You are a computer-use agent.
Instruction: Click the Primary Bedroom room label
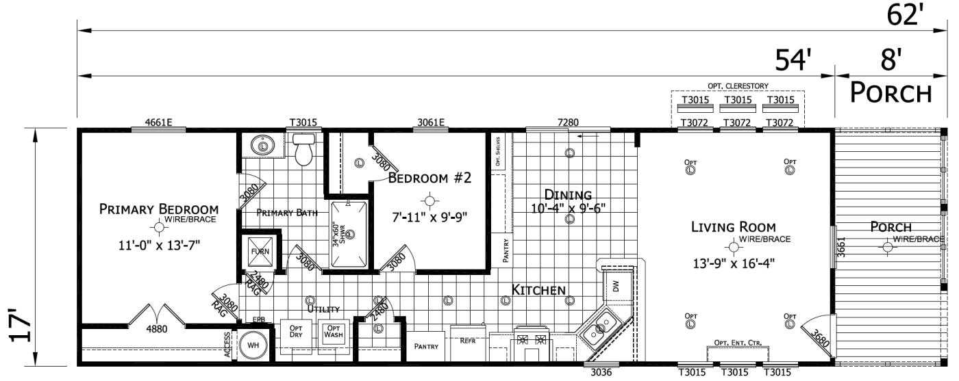click(x=159, y=209)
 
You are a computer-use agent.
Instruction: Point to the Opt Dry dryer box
click(x=296, y=332)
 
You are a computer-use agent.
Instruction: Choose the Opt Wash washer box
click(x=333, y=332)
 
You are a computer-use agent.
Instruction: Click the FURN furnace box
click(x=260, y=251)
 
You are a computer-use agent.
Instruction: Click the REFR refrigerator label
click(x=467, y=340)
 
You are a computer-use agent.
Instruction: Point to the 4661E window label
click(x=158, y=123)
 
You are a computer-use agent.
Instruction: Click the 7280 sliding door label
click(x=568, y=123)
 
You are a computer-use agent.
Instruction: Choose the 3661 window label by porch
click(x=841, y=250)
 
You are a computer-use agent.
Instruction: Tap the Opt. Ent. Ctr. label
click(x=738, y=342)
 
